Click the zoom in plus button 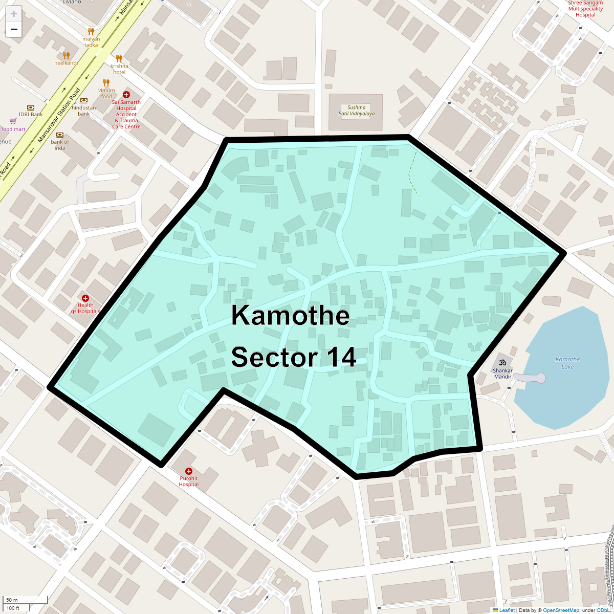coord(14,14)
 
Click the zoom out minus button coord(14,30)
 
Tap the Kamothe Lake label coord(567,363)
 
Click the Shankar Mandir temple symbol coord(502,362)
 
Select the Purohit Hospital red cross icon coord(189,471)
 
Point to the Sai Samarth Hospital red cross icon coord(126,95)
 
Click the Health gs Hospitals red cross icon coord(85,298)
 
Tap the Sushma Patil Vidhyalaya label coord(356,111)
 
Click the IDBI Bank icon coord(31,107)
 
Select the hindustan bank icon coord(84,100)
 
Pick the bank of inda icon coord(60,135)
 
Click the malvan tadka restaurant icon coord(91,32)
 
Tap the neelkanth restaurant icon coord(66,55)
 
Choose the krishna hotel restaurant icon coord(119,58)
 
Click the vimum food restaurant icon coord(106,83)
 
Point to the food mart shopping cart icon coord(13,121)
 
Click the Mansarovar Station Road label coord(59,116)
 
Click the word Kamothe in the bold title coord(290,315)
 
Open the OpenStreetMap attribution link coord(561,610)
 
